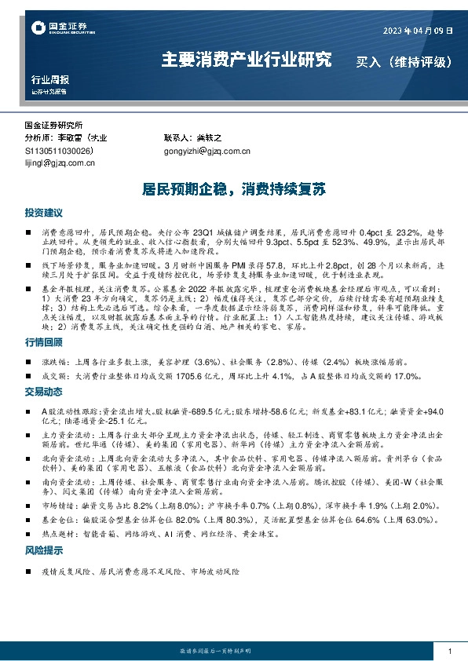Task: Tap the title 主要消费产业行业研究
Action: pos(246,60)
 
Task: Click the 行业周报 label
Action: pos(49,80)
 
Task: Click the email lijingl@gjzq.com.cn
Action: pos(60,163)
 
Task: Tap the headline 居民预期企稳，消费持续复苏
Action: pos(233,190)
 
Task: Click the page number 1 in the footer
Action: pos(449,652)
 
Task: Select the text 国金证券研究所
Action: pos(59,126)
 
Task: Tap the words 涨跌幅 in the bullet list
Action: pos(55,362)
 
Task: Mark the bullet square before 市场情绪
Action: pos(29,506)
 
